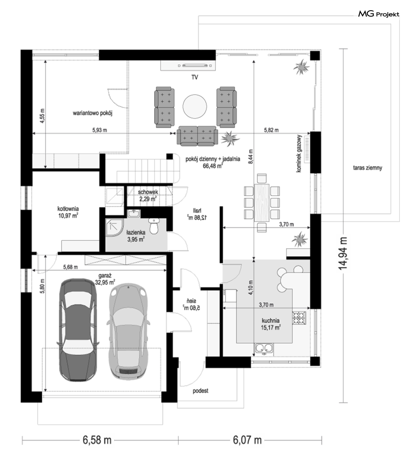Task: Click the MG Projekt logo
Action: (x=379, y=14)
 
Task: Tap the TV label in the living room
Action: (x=195, y=77)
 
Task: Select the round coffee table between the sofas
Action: (x=195, y=106)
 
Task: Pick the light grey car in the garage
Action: (x=128, y=331)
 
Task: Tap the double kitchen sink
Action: (x=264, y=348)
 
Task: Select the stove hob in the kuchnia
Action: (x=299, y=318)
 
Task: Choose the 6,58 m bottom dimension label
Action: (x=97, y=440)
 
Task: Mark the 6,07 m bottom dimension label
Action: (x=247, y=440)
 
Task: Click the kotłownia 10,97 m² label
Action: (x=68, y=212)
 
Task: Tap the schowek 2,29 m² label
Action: (x=148, y=195)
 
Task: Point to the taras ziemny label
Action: (x=368, y=168)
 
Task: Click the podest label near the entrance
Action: (x=201, y=391)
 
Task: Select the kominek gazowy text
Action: (x=299, y=154)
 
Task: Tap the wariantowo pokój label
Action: (x=93, y=113)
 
